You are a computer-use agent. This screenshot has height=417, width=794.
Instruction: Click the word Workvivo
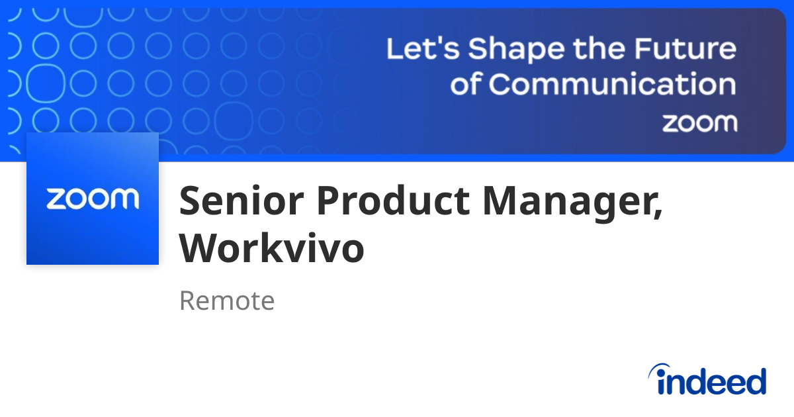point(272,248)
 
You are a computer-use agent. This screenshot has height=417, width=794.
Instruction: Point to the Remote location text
point(227,301)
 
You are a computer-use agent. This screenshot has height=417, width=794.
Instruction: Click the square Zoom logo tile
point(93,199)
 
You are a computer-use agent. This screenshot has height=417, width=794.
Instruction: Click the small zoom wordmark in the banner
point(699,122)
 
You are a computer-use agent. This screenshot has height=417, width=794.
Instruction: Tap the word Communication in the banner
point(612,85)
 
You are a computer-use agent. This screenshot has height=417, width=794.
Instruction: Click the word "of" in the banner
point(467,85)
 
